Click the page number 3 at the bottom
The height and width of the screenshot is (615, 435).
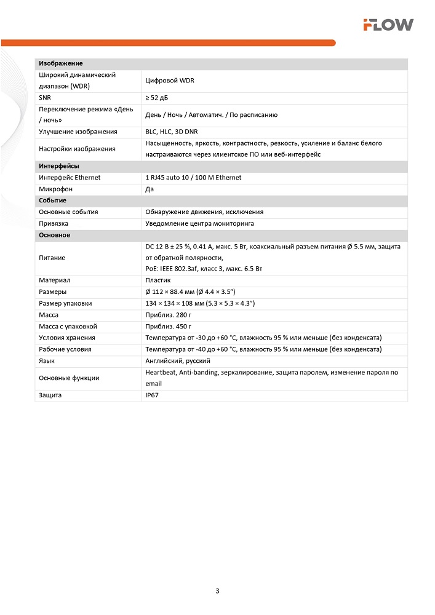(x=217, y=591)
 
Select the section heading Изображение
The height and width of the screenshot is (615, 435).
(x=61, y=63)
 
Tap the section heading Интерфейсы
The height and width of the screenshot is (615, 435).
(x=59, y=166)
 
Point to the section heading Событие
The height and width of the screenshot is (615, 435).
(x=52, y=200)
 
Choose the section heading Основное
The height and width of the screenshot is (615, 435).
(x=55, y=235)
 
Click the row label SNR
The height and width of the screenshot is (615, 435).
(x=45, y=98)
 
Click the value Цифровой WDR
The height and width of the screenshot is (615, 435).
(x=170, y=81)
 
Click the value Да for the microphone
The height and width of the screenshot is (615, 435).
(x=150, y=189)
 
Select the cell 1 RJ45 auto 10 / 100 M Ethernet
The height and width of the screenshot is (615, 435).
(x=193, y=177)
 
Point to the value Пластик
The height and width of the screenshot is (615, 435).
(x=158, y=280)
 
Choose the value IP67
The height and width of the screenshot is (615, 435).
(x=152, y=395)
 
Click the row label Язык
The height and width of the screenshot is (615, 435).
(x=47, y=360)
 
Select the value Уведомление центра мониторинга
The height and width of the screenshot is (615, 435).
(x=199, y=223)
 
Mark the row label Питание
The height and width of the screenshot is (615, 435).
(x=52, y=258)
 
